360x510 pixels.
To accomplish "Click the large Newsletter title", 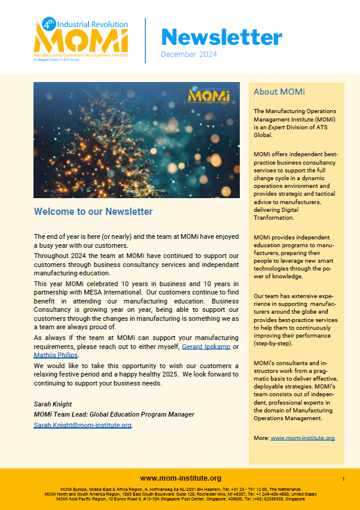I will (221, 37).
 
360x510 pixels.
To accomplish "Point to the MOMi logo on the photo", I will (206, 94).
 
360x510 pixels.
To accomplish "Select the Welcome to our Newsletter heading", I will (93, 211).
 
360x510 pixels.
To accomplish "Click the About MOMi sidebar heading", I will (279, 92).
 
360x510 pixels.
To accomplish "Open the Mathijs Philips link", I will (56, 356).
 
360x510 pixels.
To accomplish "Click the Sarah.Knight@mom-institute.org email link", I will (83, 425).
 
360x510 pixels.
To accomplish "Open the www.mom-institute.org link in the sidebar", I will (303, 438).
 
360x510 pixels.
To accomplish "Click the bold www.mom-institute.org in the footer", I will (181, 478).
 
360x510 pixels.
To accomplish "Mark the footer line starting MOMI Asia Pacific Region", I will (180, 499).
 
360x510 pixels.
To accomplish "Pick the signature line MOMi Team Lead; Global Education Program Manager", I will (114, 414).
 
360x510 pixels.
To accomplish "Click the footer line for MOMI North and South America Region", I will (180, 494).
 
